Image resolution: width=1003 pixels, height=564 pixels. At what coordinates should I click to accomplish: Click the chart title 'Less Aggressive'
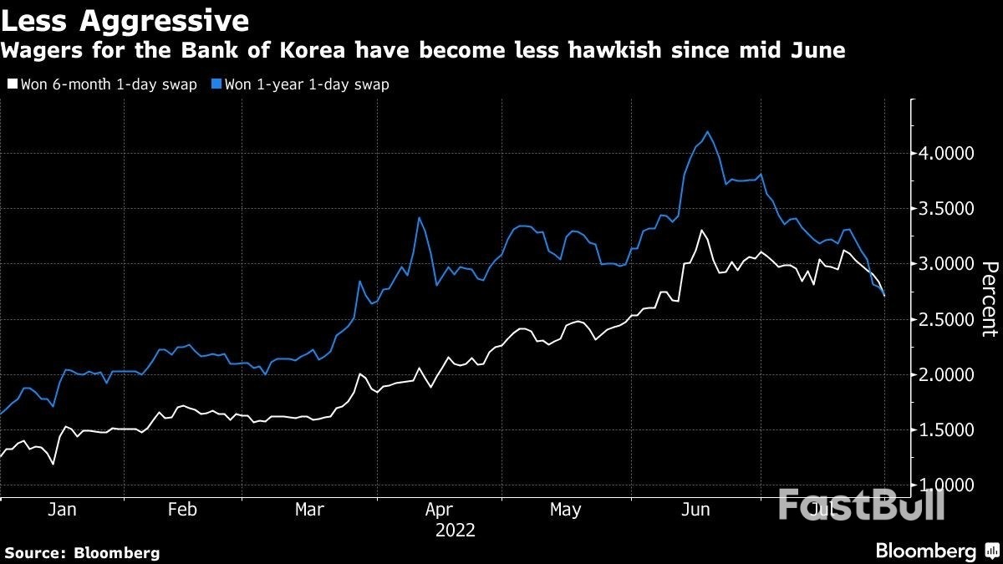point(125,19)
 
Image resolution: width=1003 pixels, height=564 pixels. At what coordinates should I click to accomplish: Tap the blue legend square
point(216,84)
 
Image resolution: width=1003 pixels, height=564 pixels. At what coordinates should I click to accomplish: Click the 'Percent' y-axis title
point(989,298)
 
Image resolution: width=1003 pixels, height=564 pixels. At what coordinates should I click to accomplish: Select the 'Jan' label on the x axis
point(63,509)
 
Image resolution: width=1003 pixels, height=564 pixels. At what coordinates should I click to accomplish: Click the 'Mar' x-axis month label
point(309,509)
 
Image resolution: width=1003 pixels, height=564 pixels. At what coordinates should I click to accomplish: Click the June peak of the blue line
point(709,132)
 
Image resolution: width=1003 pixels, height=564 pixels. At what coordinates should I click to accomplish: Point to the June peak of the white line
point(701,231)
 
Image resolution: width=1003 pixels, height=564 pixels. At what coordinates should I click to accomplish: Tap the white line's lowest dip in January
point(53,464)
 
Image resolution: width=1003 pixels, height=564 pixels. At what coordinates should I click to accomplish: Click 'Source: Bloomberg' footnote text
point(82,552)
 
